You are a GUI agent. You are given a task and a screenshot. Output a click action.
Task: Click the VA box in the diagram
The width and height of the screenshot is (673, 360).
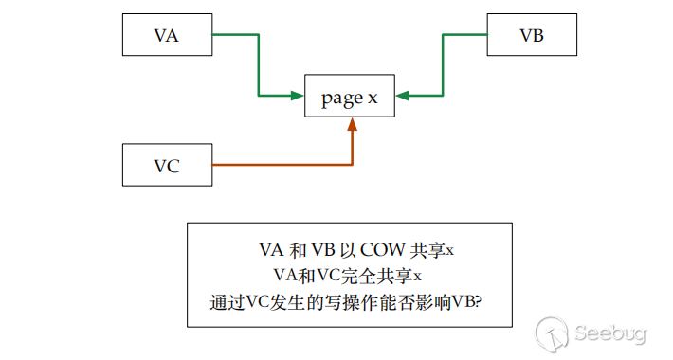click(x=167, y=36)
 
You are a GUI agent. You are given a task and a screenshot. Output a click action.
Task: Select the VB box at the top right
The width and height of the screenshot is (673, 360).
click(x=531, y=36)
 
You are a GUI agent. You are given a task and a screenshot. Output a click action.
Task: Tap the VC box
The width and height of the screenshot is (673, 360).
click(x=167, y=166)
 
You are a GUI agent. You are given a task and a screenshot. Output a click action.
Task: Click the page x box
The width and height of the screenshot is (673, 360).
click(x=349, y=96)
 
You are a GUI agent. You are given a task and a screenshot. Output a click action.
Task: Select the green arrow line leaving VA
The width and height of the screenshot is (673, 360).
click(x=258, y=64)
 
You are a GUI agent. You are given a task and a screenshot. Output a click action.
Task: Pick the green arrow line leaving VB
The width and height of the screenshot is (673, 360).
click(x=443, y=64)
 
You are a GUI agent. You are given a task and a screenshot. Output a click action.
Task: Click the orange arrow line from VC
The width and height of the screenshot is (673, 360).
click(x=284, y=166)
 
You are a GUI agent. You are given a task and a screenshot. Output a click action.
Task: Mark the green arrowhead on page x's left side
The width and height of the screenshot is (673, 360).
click(x=296, y=95)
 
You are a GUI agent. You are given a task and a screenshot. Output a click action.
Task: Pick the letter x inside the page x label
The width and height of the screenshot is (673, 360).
click(x=373, y=97)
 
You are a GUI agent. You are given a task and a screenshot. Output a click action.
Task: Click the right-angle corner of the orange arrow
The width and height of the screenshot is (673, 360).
click(x=352, y=166)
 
